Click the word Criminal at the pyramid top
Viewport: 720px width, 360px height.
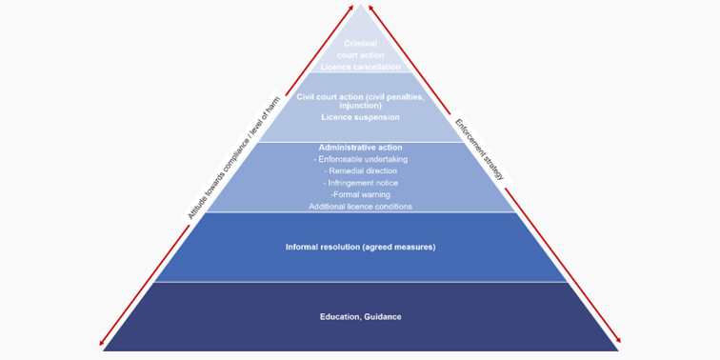pyautogui.click(x=360, y=45)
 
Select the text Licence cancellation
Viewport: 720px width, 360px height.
pyautogui.click(x=360, y=67)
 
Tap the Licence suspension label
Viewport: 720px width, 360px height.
pyautogui.click(x=360, y=117)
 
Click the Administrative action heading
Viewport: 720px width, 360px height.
pyautogui.click(x=360, y=148)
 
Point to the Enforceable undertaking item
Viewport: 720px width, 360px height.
pyautogui.click(x=360, y=159)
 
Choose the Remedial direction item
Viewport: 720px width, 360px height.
pyautogui.click(x=360, y=170)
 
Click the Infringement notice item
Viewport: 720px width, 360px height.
pyautogui.click(x=360, y=182)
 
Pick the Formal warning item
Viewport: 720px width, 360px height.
pyautogui.click(x=360, y=194)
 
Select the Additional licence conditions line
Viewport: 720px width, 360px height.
pyautogui.click(x=360, y=206)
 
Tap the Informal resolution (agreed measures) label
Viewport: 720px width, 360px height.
pyautogui.click(x=360, y=247)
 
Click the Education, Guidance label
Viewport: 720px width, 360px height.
pyautogui.click(x=360, y=316)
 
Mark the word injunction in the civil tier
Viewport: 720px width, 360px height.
pyautogui.click(x=360, y=105)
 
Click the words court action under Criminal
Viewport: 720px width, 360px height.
pyautogui.click(x=360, y=56)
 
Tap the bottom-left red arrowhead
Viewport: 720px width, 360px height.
pyautogui.click(x=103, y=344)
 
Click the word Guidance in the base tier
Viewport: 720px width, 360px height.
pyautogui.click(x=382, y=316)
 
